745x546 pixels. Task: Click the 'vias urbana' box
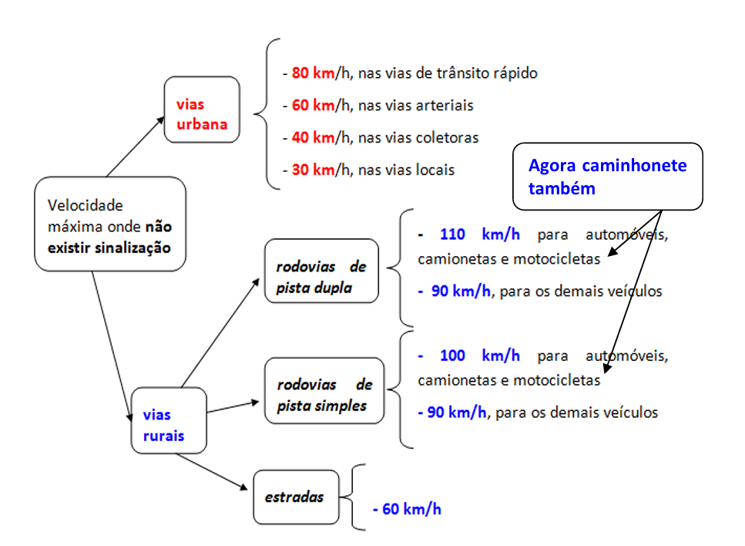(x=202, y=110)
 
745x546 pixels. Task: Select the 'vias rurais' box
(x=169, y=420)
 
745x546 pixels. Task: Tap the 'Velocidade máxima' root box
(x=110, y=224)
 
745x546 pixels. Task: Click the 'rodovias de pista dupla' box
(x=321, y=271)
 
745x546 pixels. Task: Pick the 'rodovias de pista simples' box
(x=324, y=390)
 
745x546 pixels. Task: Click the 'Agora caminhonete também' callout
(x=608, y=177)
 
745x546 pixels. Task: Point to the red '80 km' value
(x=312, y=73)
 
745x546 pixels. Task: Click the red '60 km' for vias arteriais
(x=312, y=105)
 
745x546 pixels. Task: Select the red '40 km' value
(x=312, y=137)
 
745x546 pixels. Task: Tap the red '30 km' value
(x=312, y=170)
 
